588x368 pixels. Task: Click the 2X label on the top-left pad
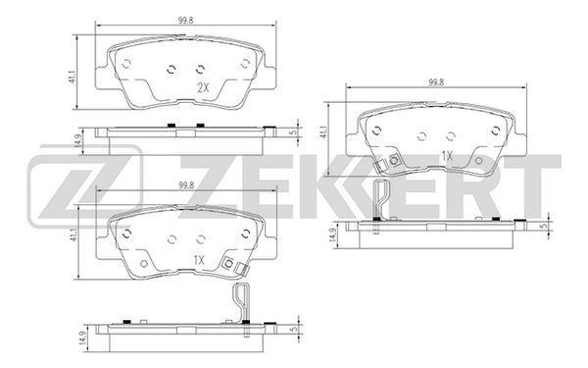click(x=203, y=88)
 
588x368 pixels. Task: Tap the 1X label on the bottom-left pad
click(x=199, y=260)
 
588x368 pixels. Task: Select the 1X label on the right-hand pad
click(x=448, y=156)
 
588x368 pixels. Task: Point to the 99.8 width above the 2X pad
click(x=185, y=21)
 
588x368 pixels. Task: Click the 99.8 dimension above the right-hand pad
click(x=436, y=82)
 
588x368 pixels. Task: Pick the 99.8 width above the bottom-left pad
click(x=186, y=184)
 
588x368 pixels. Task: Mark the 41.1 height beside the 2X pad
click(x=73, y=76)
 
